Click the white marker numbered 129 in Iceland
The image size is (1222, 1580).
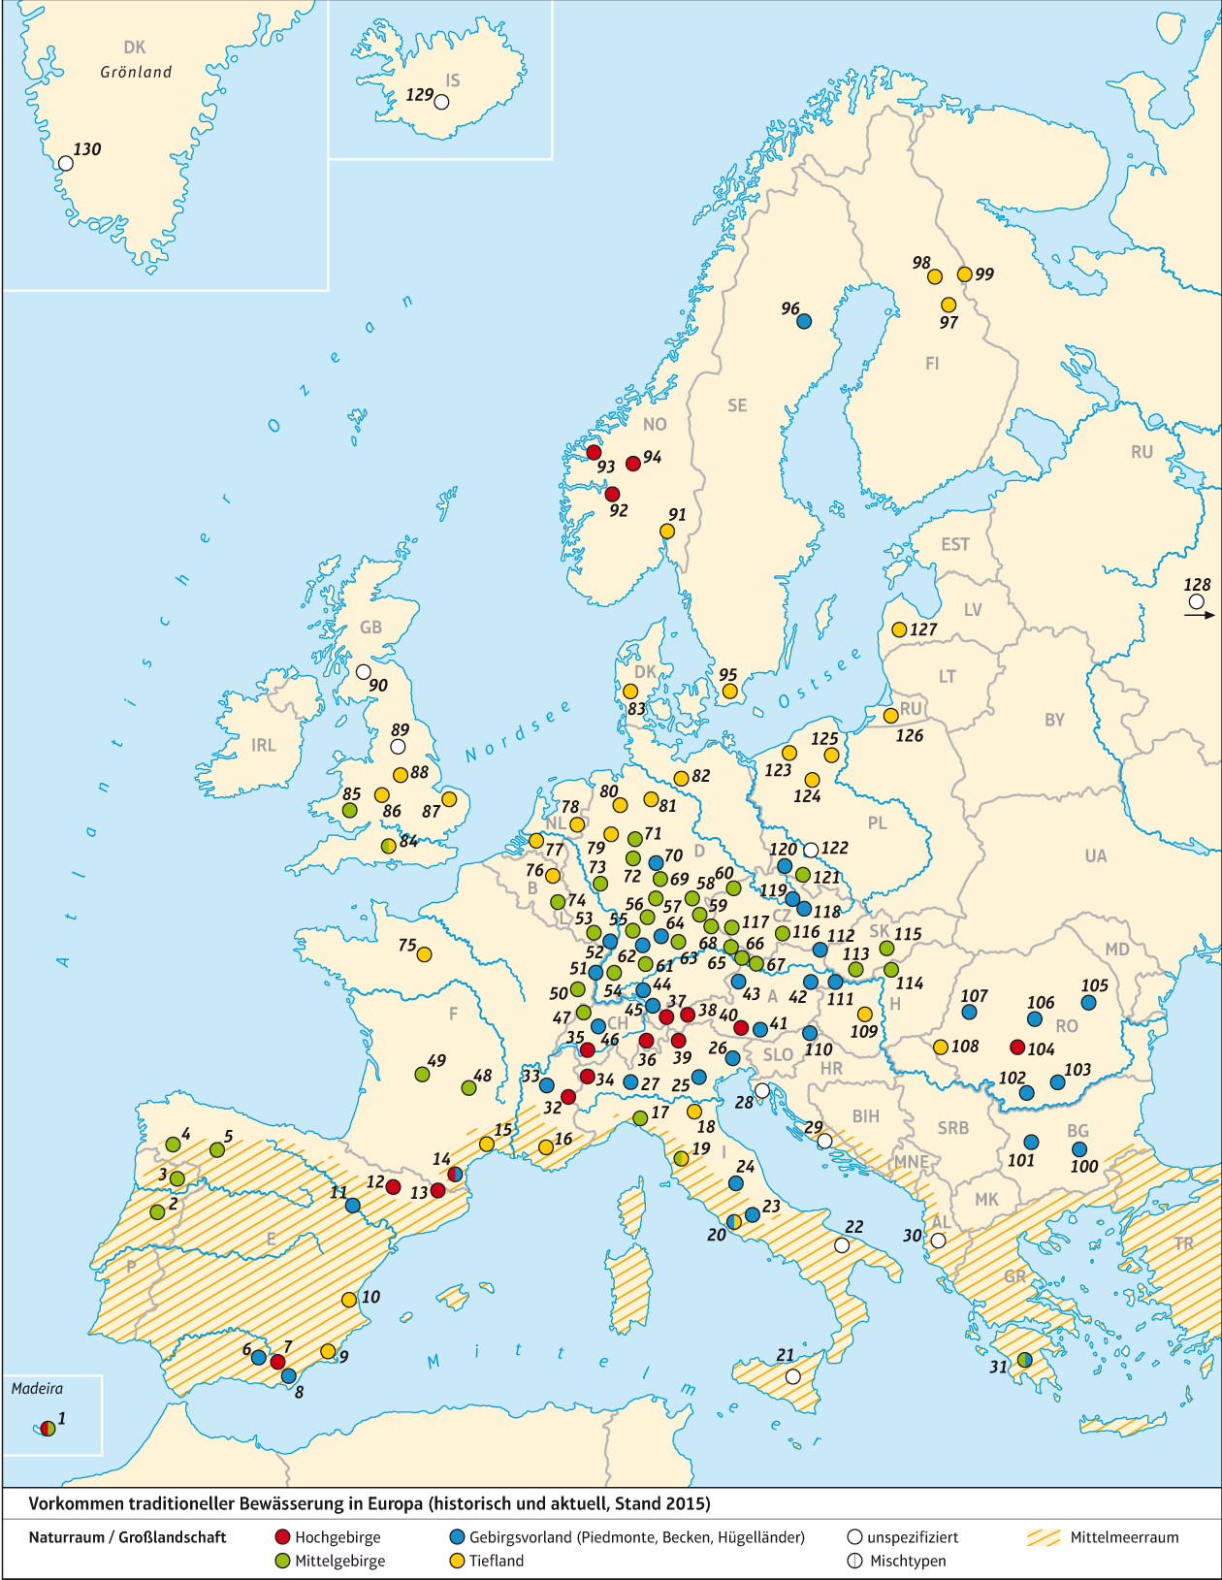coord(441,102)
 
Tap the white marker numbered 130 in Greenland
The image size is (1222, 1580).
coord(65,163)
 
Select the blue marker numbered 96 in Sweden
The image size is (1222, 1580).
coord(803,321)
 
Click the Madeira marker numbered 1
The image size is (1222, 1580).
coord(48,1428)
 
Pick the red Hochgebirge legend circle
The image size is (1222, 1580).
coord(283,1536)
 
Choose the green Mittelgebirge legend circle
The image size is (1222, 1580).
coord(283,1561)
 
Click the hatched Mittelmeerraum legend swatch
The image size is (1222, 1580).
coord(1045,1537)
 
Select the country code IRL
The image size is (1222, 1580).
coord(264,745)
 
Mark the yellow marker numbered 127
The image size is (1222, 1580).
coord(899,629)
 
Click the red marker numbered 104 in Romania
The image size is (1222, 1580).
coord(1016,1047)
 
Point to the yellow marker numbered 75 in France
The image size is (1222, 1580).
coord(424,953)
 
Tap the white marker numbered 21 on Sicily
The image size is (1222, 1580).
coord(792,1375)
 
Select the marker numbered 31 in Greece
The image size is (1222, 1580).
coord(1024,1360)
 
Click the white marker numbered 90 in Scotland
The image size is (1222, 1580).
coord(363,671)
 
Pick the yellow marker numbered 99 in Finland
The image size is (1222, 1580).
coord(964,274)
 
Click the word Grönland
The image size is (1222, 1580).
coord(136,72)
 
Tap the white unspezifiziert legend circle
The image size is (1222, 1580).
coord(854,1536)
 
